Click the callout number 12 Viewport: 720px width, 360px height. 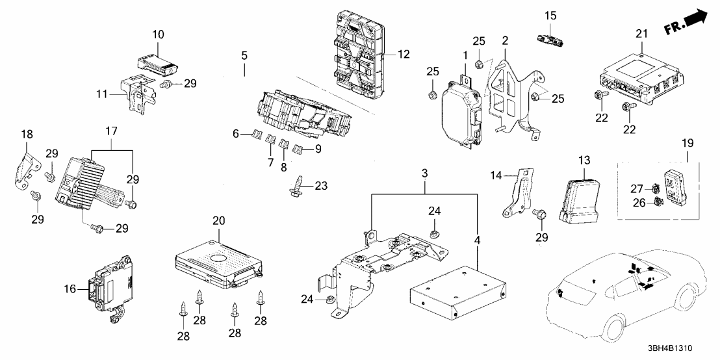(x=404, y=55)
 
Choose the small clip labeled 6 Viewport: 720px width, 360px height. (x=256, y=135)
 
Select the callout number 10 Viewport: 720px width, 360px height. (x=159, y=33)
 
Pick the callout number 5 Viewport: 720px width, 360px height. (x=244, y=56)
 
